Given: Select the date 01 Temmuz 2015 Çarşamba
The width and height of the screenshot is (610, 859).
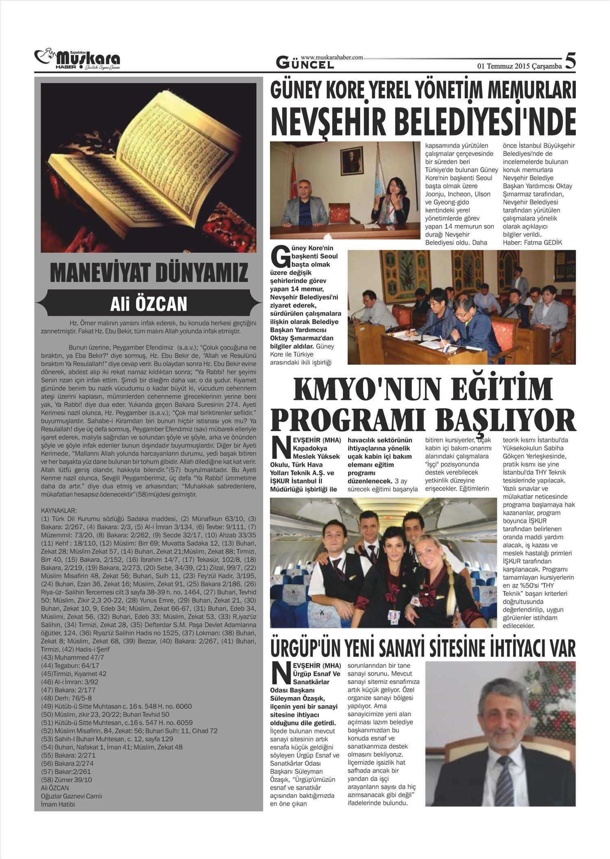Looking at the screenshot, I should (519, 66).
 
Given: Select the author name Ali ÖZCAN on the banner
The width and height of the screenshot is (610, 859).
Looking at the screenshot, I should (149, 304).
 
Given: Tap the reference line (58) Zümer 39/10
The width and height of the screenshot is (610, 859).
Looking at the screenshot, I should (67, 780).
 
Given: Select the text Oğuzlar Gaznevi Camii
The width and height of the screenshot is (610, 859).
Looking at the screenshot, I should (72, 796).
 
